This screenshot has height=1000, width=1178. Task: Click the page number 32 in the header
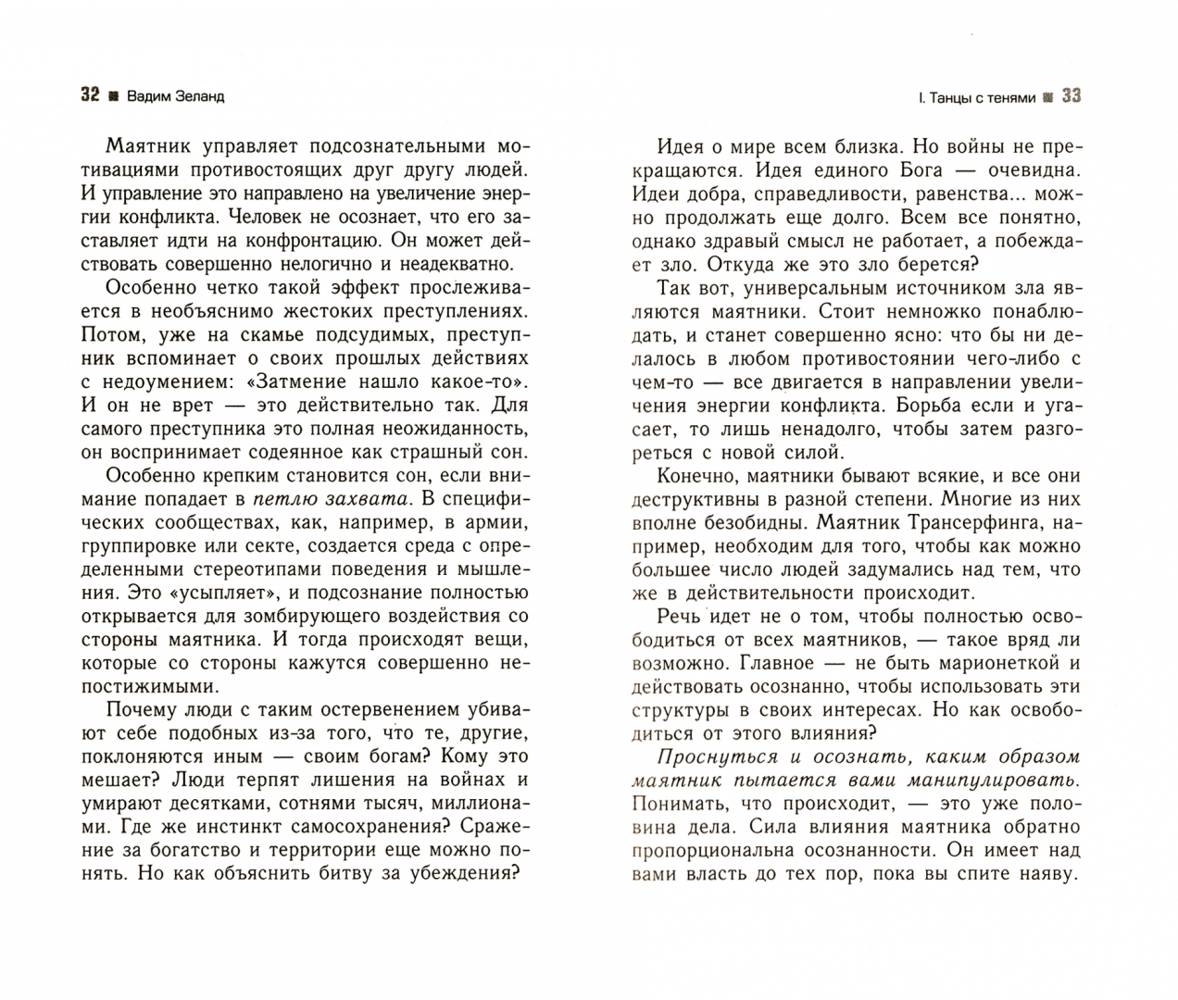(x=90, y=95)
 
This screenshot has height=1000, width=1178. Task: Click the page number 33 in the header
(x=1071, y=95)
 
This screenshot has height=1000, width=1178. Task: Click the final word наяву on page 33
(x=1044, y=874)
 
